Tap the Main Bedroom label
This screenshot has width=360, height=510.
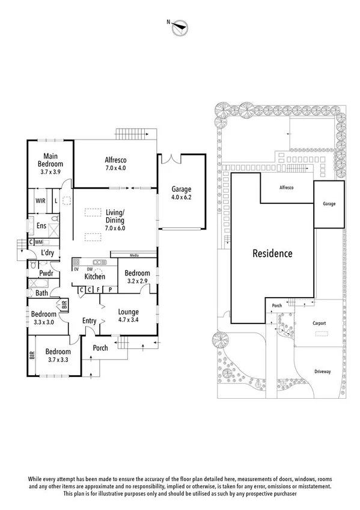[50, 160]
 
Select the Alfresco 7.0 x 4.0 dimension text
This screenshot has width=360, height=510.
[115, 168]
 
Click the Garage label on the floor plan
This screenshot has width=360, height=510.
[182, 189]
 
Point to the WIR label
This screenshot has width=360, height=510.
[40, 201]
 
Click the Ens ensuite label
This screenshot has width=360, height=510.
[41, 226]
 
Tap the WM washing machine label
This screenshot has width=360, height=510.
[38, 242]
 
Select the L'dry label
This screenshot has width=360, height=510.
[47, 253]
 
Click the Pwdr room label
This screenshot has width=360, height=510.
[46, 273]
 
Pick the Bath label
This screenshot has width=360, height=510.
[41, 293]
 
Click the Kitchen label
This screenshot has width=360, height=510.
[95, 277]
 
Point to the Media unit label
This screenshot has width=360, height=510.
[134, 256]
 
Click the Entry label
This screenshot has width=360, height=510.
[89, 321]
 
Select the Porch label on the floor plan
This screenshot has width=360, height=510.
[100, 348]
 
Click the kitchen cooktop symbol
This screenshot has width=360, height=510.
[76, 262]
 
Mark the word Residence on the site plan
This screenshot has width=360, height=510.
[273, 253]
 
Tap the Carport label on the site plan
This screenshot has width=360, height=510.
[319, 324]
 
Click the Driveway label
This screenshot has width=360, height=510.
[322, 372]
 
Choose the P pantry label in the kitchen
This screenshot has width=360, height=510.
[110, 289]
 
